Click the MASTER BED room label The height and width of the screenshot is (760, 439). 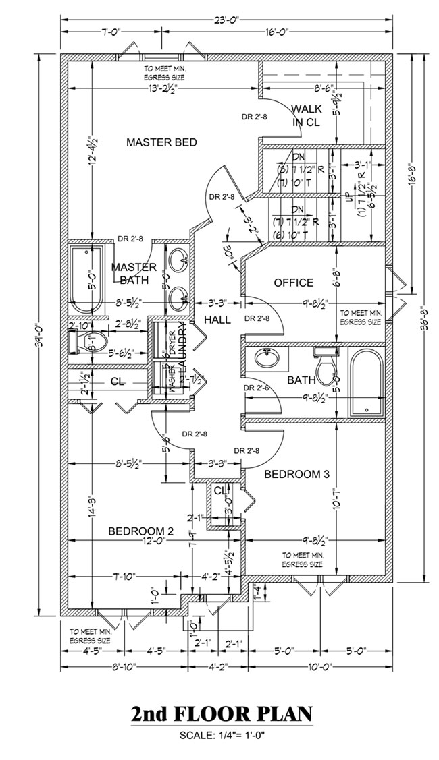(161, 142)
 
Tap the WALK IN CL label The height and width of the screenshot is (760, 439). (307, 115)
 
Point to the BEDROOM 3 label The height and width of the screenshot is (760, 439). (296, 474)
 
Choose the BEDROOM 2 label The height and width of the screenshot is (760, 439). (141, 531)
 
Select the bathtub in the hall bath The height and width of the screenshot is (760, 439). (365, 382)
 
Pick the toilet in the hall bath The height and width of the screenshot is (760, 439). (326, 363)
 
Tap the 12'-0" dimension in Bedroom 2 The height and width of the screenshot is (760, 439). (141, 540)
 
